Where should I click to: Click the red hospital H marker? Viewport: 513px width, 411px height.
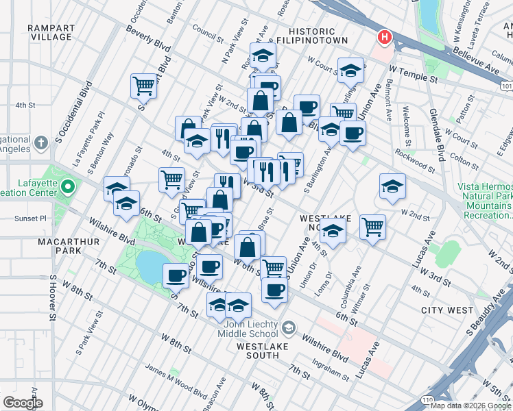[x=385, y=36]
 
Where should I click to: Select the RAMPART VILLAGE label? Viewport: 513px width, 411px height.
[x=51, y=33]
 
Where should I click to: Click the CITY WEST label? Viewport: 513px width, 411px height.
[x=446, y=310]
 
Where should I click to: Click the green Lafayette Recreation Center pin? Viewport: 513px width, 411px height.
[x=67, y=186]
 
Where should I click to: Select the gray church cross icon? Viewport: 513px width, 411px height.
[x=41, y=142]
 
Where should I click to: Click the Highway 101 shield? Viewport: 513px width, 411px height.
[x=506, y=87]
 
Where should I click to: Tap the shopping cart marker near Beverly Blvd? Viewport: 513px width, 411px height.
[x=143, y=86]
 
